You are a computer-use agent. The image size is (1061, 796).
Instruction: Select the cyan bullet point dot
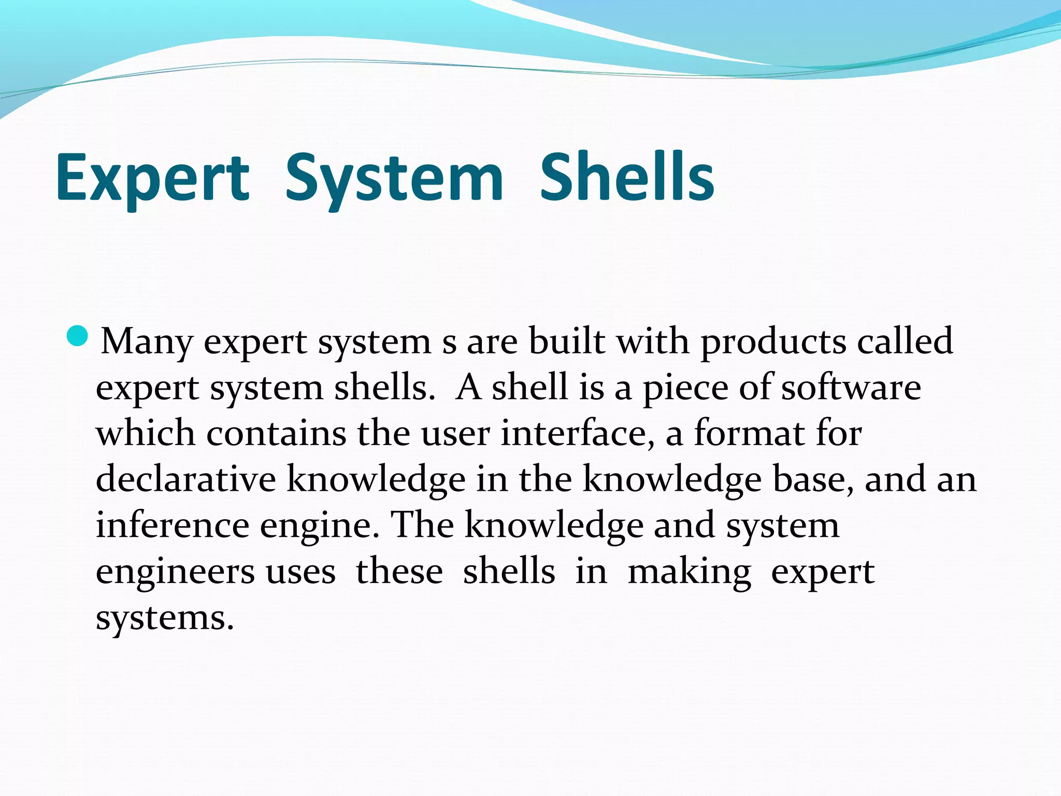(78, 337)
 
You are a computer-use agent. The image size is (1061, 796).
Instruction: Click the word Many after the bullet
(147, 342)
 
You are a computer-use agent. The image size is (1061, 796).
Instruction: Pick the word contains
(276, 433)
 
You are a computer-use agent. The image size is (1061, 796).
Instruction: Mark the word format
(749, 433)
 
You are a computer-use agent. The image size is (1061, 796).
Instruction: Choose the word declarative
(185, 479)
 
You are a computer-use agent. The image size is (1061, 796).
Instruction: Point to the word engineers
(175, 572)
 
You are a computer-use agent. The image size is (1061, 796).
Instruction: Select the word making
(689, 572)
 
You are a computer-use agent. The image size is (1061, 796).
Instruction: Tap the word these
(399, 571)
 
